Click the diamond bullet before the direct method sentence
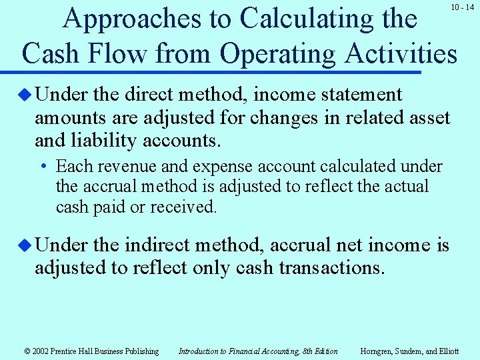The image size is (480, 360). pyautogui.click(x=25, y=95)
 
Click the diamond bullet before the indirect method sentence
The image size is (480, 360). pyautogui.click(x=25, y=245)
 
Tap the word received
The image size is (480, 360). pyautogui.click(x=183, y=207)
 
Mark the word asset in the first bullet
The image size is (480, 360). pyautogui.click(x=428, y=118)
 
